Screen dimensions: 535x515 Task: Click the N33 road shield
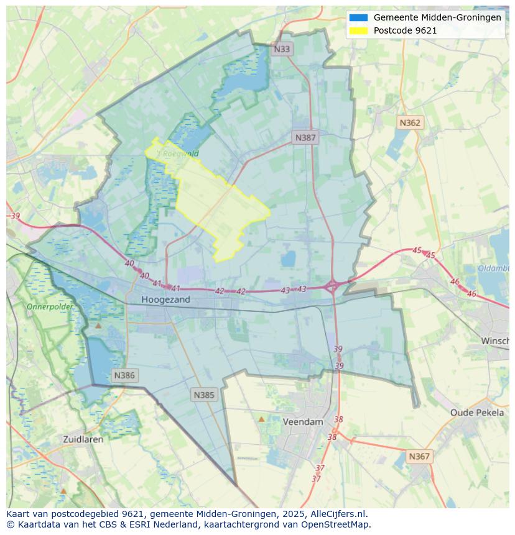pyautogui.click(x=282, y=49)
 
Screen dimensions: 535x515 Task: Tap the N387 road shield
pyautogui.click(x=305, y=137)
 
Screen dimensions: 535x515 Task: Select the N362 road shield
pyautogui.click(x=410, y=122)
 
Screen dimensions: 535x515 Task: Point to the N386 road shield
pyautogui.click(x=124, y=375)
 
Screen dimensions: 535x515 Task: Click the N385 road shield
pyautogui.click(x=204, y=395)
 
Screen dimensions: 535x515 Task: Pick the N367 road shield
pyautogui.click(x=419, y=456)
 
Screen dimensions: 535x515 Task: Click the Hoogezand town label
pyautogui.click(x=165, y=300)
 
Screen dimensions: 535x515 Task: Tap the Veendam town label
pyautogui.click(x=303, y=422)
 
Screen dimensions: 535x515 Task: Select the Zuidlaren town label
pyautogui.click(x=83, y=439)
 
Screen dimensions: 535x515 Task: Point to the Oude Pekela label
pyautogui.click(x=477, y=413)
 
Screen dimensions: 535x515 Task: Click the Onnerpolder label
pyautogui.click(x=50, y=307)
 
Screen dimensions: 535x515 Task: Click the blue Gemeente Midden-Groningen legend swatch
pyautogui.click(x=359, y=17)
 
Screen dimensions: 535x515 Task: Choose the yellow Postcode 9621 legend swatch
pyautogui.click(x=359, y=30)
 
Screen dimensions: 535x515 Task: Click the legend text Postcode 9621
pyautogui.click(x=405, y=30)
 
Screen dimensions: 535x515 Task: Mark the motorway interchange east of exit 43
pyautogui.click(x=332, y=286)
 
